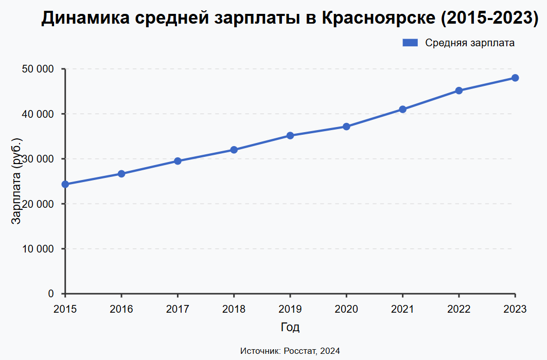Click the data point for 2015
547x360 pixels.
point(65,184)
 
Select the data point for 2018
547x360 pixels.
point(234,150)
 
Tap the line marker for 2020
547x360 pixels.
point(346,127)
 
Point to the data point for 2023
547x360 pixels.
point(515,78)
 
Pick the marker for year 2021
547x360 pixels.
point(402,109)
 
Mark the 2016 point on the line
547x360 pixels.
point(121,174)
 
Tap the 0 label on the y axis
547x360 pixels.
point(51,294)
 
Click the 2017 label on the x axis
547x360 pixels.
point(178,309)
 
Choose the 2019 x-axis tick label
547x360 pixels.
point(290,309)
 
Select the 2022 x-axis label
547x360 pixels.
point(458,309)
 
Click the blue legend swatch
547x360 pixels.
point(410,43)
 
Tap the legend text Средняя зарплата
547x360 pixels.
point(470,43)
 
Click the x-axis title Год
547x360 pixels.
point(290,327)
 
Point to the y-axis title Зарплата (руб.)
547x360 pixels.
point(17,181)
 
